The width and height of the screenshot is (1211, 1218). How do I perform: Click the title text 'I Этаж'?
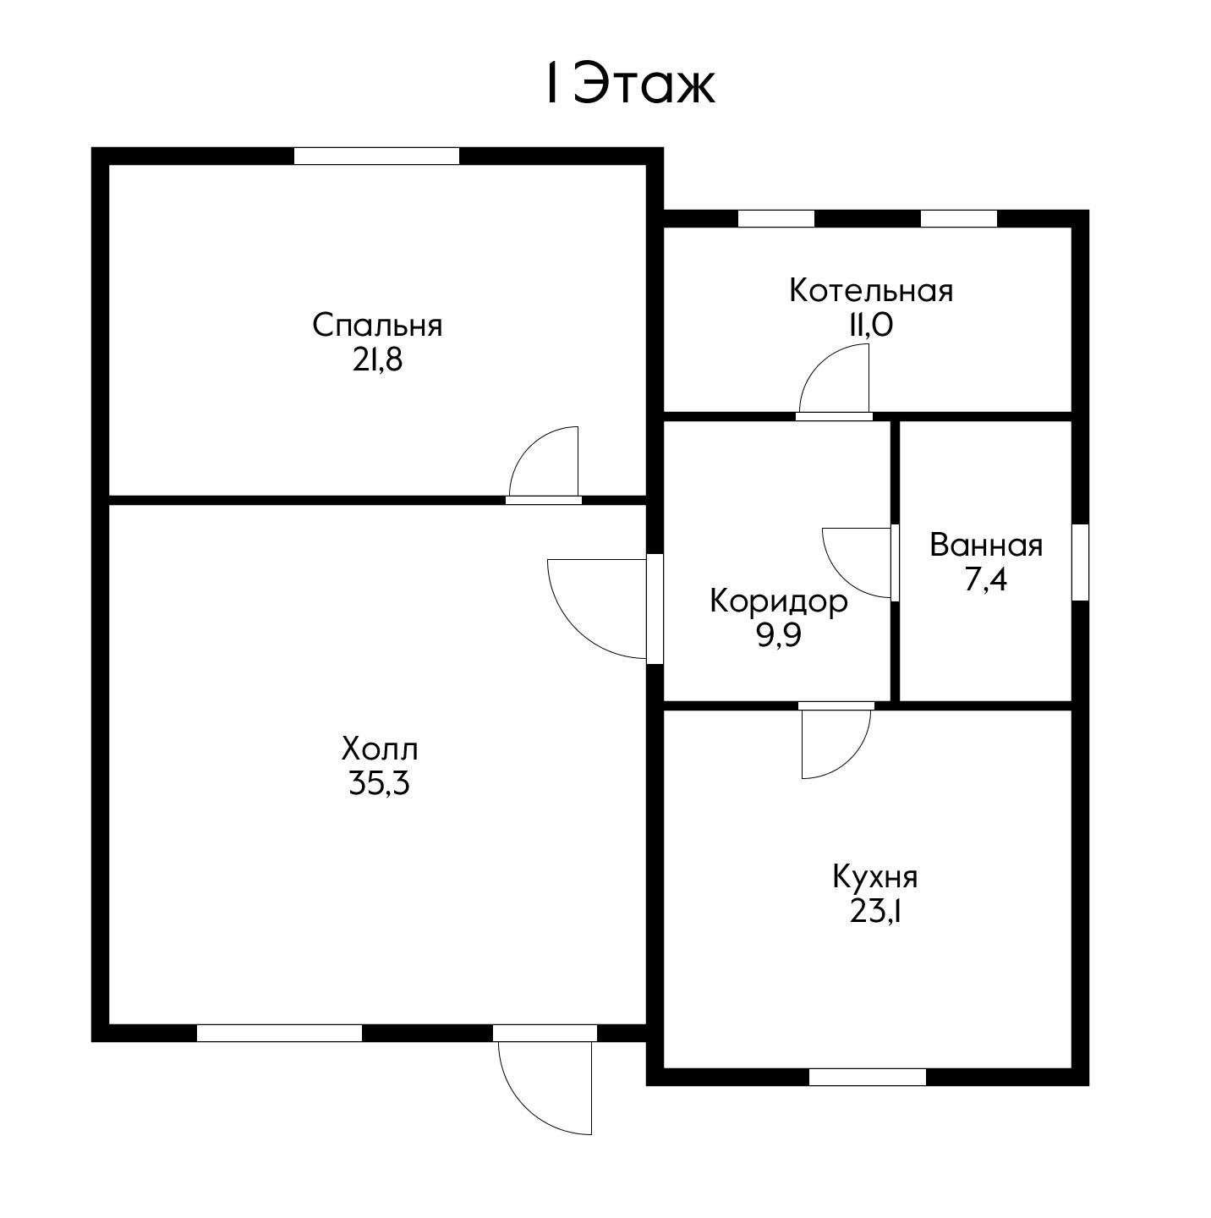(x=629, y=83)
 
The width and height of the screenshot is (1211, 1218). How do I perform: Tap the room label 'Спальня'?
(x=377, y=326)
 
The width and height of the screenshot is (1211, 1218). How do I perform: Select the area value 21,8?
(x=377, y=361)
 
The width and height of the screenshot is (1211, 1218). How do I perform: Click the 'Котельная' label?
(x=871, y=291)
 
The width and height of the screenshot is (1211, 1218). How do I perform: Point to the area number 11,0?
(x=871, y=326)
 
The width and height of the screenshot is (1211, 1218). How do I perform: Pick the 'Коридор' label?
(x=779, y=601)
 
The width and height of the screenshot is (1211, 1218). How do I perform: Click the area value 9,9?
(x=779, y=635)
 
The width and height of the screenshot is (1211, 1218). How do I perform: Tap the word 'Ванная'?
(x=986, y=546)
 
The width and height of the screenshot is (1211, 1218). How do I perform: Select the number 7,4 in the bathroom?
(x=986, y=579)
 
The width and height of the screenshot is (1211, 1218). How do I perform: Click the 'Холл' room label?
(x=379, y=749)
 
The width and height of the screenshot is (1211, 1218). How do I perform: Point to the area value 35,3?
(x=379, y=784)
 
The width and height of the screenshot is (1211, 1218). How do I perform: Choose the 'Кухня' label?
(x=874, y=877)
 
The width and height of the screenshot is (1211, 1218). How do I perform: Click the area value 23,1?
(x=874, y=912)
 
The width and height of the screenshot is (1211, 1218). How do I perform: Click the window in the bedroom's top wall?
(x=376, y=156)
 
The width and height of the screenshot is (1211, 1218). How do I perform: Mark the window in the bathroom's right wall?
(x=1081, y=562)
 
